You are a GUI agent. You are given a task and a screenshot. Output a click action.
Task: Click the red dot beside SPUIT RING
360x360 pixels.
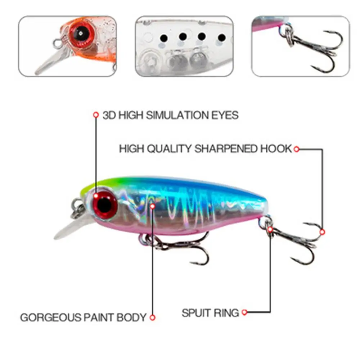coord(245,312)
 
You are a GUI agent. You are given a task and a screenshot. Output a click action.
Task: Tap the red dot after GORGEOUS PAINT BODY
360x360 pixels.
coord(152,318)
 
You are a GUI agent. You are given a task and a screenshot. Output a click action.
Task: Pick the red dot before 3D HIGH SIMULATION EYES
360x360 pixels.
coord(96,115)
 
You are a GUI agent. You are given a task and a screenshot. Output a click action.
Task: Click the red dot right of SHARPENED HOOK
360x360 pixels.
coord(296,149)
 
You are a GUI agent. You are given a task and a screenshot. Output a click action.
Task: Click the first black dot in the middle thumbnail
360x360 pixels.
coord(163,37)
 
